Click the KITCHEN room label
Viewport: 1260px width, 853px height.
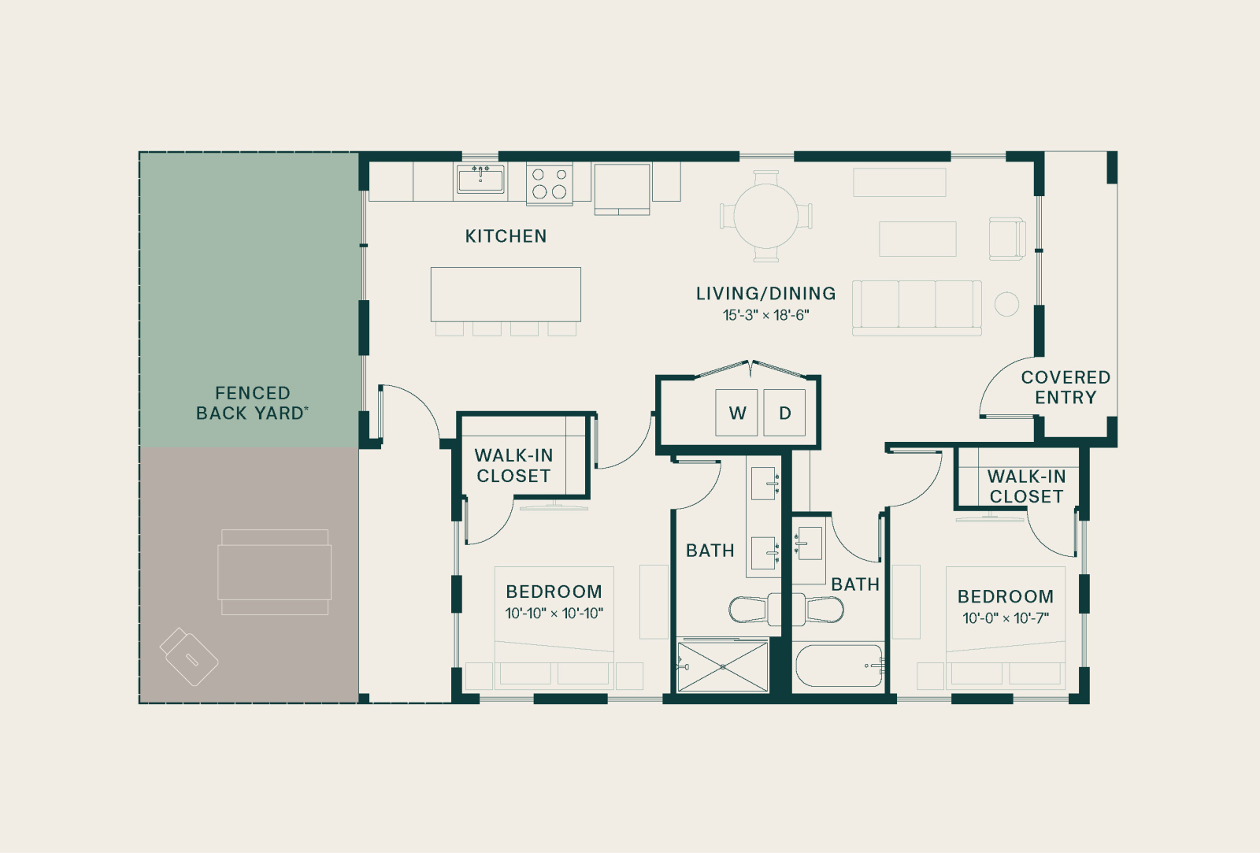[506, 236]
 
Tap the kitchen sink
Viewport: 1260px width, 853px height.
[480, 179]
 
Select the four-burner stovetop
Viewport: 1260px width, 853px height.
[550, 184]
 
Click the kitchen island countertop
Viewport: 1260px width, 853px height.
[506, 295]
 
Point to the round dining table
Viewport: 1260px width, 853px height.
[766, 216]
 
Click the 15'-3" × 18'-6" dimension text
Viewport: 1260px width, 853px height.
[766, 315]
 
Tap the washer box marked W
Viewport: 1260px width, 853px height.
[737, 413]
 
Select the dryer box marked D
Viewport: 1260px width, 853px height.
[784, 413]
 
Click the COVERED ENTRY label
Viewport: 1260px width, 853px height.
[1066, 387]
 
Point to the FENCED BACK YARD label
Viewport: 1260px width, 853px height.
[252, 402]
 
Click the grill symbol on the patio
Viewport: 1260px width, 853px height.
[189, 657]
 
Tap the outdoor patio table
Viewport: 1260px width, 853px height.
[275, 572]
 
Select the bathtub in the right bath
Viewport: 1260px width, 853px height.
[839, 666]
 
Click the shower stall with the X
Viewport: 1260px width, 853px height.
[723, 667]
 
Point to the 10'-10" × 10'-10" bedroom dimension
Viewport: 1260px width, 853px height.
[554, 614]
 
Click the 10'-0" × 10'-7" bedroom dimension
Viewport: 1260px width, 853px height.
[1006, 618]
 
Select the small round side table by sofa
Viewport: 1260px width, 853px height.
[1006, 304]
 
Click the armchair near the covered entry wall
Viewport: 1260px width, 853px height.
[1007, 239]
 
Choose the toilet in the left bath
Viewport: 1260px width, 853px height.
[754, 609]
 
